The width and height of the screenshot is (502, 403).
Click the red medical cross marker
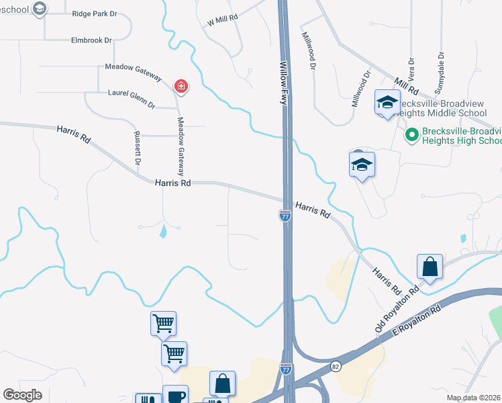point(181,86)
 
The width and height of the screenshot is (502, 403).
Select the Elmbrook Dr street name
point(91,40)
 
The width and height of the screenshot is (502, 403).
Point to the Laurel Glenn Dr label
point(132,99)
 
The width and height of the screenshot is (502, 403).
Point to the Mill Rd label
point(407,86)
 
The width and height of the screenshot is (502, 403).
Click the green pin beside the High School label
point(411,136)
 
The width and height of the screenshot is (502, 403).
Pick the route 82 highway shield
point(336,366)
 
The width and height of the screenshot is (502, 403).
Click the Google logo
point(22,395)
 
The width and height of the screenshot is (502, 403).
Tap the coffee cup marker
point(175,396)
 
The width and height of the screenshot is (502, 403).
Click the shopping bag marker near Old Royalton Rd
point(430,267)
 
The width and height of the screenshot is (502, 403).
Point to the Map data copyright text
point(472,398)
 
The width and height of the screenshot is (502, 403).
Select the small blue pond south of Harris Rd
point(164,232)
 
